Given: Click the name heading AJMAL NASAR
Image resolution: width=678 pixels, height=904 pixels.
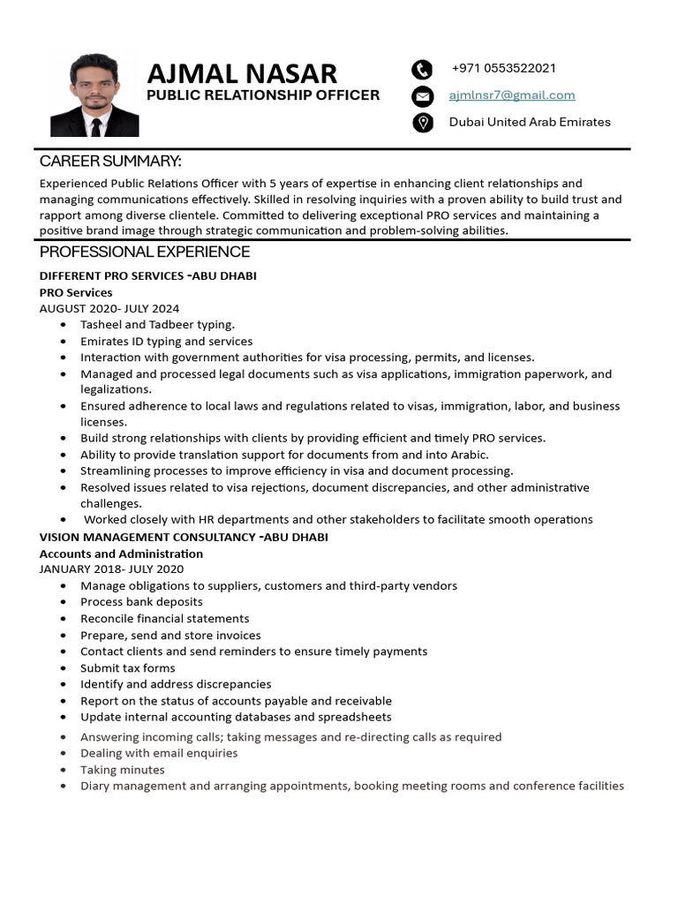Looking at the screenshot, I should tap(241, 73).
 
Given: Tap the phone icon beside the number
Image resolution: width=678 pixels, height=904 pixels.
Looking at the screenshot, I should tap(423, 70).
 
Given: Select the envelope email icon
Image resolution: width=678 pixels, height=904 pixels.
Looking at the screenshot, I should tap(423, 96).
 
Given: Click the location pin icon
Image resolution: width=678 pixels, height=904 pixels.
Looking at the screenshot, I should tap(423, 123).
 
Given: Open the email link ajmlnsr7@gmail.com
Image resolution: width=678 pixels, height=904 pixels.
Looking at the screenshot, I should tap(511, 95).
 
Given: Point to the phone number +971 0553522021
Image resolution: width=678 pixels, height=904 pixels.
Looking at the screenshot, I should tap(503, 69).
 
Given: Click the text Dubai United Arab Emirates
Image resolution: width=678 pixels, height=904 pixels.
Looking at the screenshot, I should tap(530, 122).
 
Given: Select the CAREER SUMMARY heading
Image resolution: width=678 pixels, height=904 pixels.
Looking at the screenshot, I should tap(110, 161).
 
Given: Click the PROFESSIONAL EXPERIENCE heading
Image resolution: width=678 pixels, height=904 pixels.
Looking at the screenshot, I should tap(145, 252).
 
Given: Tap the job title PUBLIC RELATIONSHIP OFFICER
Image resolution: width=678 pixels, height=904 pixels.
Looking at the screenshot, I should tap(263, 95).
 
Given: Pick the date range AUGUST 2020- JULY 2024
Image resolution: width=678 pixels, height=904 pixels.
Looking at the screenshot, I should tap(109, 308).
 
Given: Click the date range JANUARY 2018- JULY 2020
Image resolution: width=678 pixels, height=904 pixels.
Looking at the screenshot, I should tap(111, 569).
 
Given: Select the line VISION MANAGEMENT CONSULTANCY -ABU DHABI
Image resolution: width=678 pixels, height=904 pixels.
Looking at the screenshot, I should tap(184, 537).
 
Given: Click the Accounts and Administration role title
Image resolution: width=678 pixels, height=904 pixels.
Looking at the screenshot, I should tap(121, 554).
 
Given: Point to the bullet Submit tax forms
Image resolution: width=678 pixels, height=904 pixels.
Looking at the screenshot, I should tap(127, 667).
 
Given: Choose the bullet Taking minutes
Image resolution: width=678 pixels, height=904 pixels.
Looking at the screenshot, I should tap(122, 770).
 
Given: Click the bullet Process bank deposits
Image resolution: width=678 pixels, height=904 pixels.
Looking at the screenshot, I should tap(141, 602).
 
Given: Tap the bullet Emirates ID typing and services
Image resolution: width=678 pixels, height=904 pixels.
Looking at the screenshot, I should tap(166, 341).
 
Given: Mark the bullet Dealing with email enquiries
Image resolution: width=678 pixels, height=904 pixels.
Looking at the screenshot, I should tap(159, 753).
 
